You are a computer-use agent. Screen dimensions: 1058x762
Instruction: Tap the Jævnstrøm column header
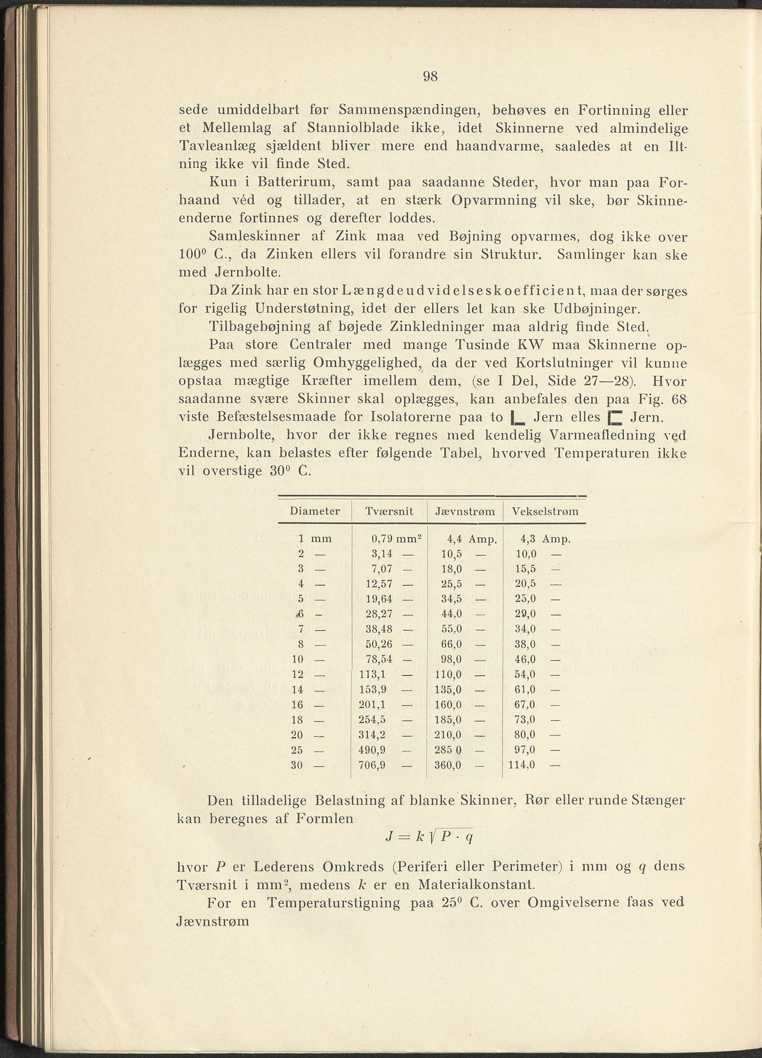[465, 511]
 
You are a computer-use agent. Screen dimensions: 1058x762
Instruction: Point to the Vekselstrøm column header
[545, 511]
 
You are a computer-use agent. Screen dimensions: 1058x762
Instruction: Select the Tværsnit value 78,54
[379, 660]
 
